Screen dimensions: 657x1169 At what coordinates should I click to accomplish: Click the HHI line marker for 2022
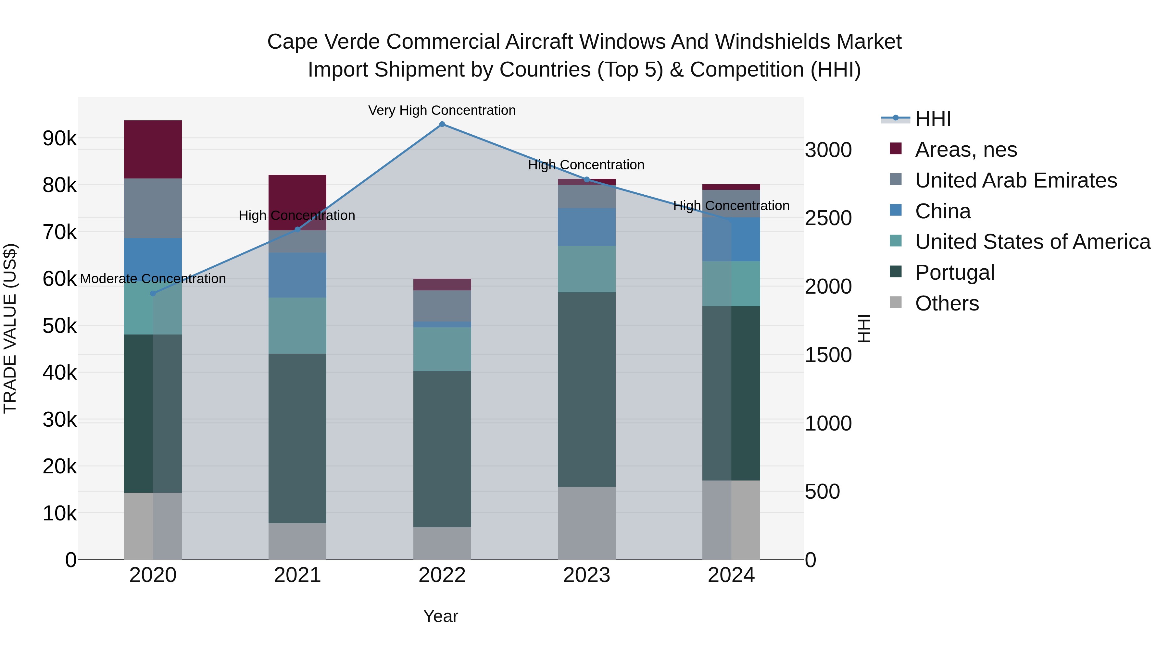pos(442,124)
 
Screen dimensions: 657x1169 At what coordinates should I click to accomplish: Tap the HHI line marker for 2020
pos(153,293)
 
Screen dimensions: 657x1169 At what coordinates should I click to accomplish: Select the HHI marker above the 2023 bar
pos(586,179)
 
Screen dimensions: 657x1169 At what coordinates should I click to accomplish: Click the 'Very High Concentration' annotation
pos(442,111)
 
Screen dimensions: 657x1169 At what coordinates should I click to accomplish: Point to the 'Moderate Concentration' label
pos(153,279)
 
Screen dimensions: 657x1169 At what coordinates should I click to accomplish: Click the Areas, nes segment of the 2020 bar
pos(153,149)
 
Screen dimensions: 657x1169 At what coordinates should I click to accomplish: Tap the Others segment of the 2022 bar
pos(442,543)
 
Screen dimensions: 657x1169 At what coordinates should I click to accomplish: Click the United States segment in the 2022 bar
pos(442,349)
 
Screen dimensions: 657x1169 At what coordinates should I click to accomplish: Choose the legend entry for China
pos(943,211)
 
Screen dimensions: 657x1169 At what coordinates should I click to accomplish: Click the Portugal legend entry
pos(954,273)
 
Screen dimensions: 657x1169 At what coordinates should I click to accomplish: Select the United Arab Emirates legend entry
pos(1016,180)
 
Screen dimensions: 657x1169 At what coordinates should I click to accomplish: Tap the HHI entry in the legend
pos(933,119)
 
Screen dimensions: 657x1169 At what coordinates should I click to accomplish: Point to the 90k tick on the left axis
pos(59,138)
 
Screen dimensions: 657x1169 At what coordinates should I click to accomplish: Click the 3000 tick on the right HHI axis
pos(828,150)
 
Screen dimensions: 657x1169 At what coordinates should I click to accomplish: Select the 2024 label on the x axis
pos(731,575)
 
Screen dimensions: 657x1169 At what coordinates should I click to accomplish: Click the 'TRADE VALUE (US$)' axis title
pos(10,328)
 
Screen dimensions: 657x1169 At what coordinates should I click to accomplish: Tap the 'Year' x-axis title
pos(441,616)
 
